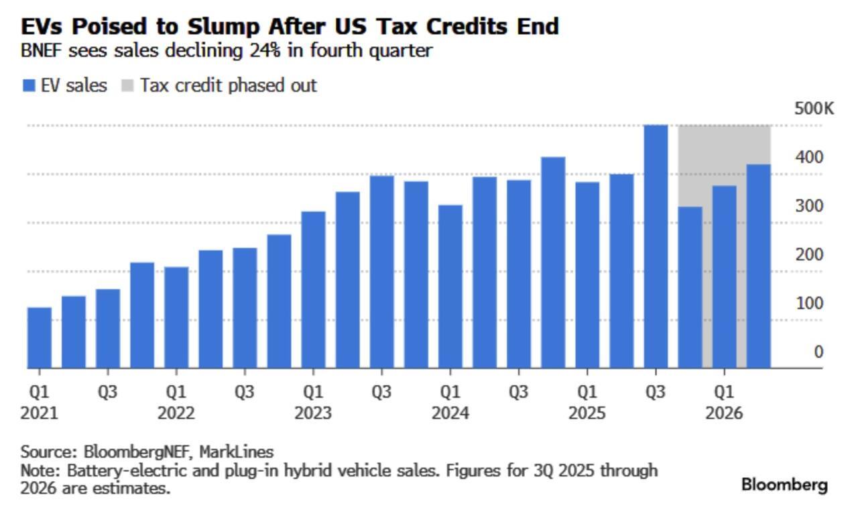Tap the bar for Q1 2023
click(x=313, y=290)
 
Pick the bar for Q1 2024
click(x=450, y=287)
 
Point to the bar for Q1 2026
click(x=724, y=276)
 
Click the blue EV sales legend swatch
click(x=28, y=86)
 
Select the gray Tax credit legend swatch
click(x=127, y=86)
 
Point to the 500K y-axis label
click(x=813, y=109)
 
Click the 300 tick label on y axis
click(x=809, y=206)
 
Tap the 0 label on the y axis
click(x=818, y=352)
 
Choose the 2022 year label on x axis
click(x=176, y=413)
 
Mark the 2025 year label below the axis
click(x=587, y=413)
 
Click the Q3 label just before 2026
click(x=656, y=392)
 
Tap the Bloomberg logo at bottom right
click(x=784, y=485)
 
